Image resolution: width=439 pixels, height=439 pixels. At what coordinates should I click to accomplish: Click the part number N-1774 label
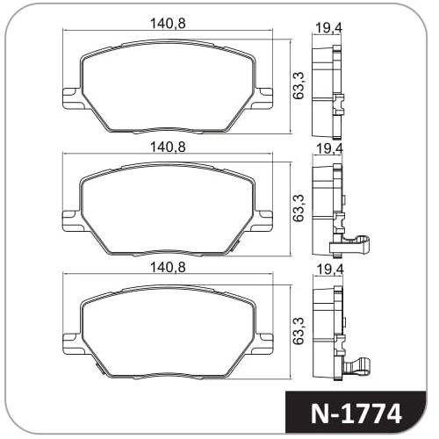[x=356, y=414]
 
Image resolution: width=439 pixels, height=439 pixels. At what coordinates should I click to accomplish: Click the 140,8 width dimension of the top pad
[x=168, y=24]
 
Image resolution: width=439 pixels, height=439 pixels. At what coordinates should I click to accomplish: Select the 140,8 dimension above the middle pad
[x=168, y=147]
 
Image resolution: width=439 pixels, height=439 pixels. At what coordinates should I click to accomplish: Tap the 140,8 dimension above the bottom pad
[x=168, y=267]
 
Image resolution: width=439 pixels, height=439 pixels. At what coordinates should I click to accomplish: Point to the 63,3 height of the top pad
[x=299, y=85]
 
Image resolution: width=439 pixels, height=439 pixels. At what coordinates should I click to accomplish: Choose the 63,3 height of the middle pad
[x=299, y=208]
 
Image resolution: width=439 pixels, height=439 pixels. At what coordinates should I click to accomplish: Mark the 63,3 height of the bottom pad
[x=299, y=330]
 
